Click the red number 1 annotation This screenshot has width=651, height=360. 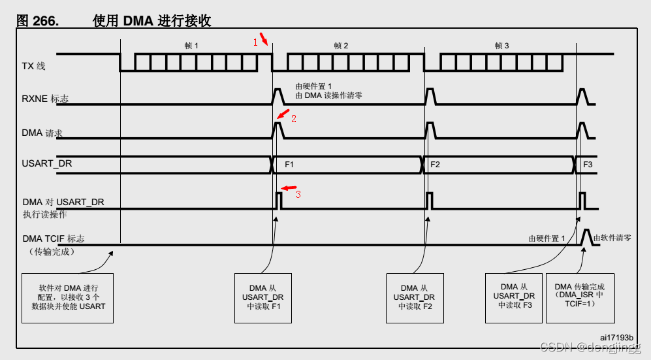(x=256, y=42)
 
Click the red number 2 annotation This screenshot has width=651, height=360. (x=294, y=120)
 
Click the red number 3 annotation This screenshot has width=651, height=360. (x=298, y=194)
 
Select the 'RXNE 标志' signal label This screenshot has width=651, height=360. (x=45, y=99)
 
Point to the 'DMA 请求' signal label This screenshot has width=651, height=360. (x=42, y=133)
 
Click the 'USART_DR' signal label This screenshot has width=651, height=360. (x=47, y=163)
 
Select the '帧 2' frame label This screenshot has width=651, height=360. (x=341, y=46)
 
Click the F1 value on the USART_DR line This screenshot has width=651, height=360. (x=289, y=165)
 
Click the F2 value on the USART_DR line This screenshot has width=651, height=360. (x=435, y=165)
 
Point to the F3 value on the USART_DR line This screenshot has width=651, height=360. (x=588, y=165)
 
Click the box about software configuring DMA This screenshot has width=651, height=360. (x=68, y=297)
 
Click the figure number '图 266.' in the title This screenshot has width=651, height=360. (x=37, y=21)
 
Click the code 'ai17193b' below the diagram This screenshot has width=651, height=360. (x=616, y=337)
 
